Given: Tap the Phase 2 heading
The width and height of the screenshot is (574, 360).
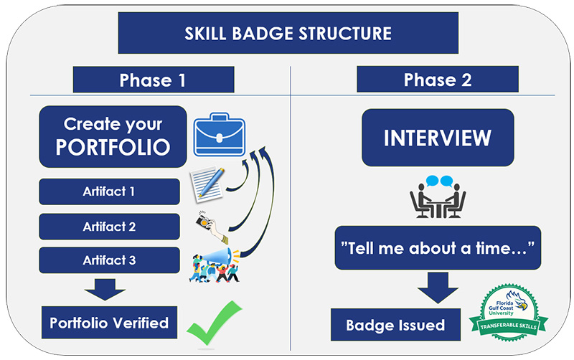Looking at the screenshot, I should (x=437, y=80).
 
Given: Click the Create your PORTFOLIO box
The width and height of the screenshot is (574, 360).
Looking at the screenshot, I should (x=113, y=136).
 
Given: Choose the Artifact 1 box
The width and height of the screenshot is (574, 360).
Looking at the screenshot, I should (x=108, y=192).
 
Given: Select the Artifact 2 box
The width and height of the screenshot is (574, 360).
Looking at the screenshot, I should (x=108, y=227).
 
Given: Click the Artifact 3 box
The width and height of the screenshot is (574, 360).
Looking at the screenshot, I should (x=108, y=260).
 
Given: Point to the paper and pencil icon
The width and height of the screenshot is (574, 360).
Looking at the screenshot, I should (x=207, y=183).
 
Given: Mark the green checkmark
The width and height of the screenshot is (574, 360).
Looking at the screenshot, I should (x=214, y=323).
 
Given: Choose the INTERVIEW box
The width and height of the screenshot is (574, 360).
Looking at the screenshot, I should (x=437, y=138).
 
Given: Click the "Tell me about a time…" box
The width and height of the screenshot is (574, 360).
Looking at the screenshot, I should (x=437, y=248).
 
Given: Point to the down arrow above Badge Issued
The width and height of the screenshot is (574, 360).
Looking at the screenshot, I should (x=437, y=289).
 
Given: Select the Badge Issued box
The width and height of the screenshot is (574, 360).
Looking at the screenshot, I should (x=395, y=325).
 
